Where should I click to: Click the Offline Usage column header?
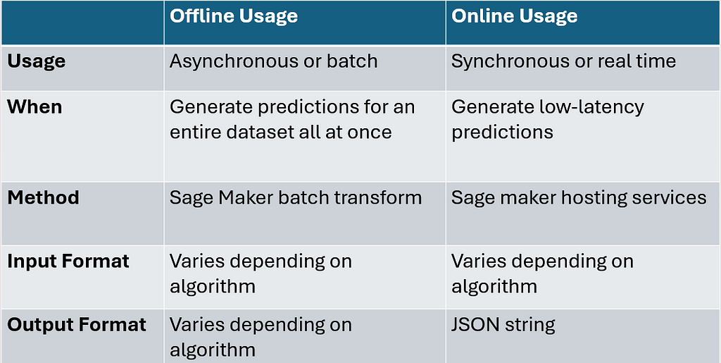tap(234, 16)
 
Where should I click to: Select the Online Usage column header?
tap(514, 16)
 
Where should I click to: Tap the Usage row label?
tap(37, 61)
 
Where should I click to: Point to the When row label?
tap(35, 107)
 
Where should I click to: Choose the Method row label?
tap(43, 198)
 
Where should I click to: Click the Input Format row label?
tap(68, 262)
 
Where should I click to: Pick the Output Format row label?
tap(77, 325)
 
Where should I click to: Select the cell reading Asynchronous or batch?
tap(274, 61)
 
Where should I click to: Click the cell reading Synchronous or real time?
tap(564, 61)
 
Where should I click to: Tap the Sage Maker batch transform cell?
tap(296, 198)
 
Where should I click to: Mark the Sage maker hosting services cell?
tap(579, 198)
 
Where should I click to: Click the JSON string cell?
tap(503, 325)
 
